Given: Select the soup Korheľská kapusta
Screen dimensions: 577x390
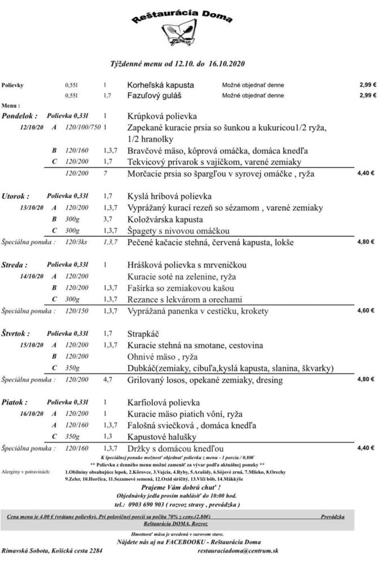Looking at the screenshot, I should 160,85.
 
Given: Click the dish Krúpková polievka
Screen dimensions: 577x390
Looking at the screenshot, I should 162,116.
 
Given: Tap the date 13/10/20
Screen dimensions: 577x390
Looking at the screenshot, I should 31,208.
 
